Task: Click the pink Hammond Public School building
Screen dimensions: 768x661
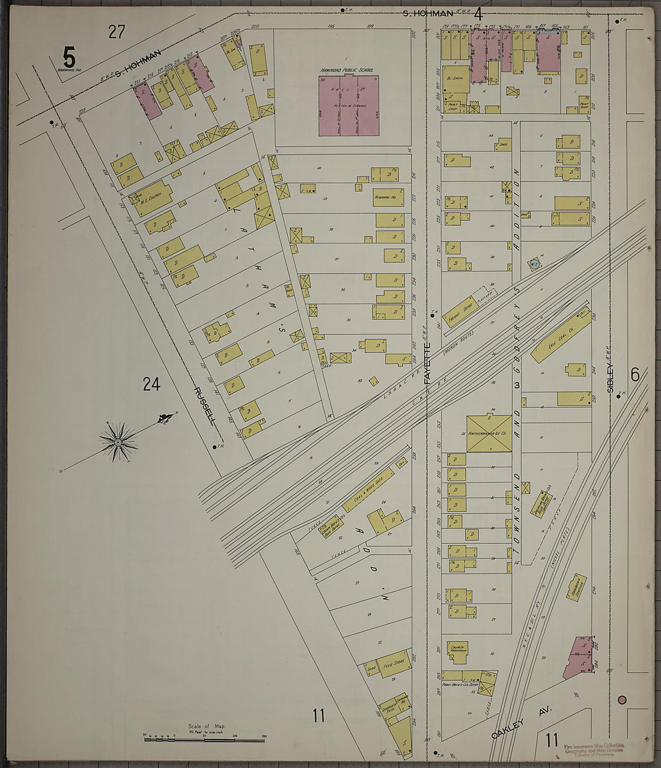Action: [x=349, y=106]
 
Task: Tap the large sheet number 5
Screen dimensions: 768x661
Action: [x=69, y=58]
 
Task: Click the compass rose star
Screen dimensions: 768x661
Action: [x=118, y=442]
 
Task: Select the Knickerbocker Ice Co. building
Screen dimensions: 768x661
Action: [x=489, y=433]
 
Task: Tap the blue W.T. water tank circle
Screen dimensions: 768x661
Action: [x=533, y=263]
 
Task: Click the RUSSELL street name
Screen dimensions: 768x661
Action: [x=204, y=405]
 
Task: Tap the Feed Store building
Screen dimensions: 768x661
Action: [x=394, y=664]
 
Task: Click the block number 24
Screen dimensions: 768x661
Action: [x=151, y=384]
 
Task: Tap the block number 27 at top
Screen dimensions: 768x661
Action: [x=117, y=32]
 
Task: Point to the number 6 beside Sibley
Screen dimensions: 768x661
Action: [x=635, y=373]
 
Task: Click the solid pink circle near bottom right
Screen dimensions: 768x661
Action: [x=622, y=700]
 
